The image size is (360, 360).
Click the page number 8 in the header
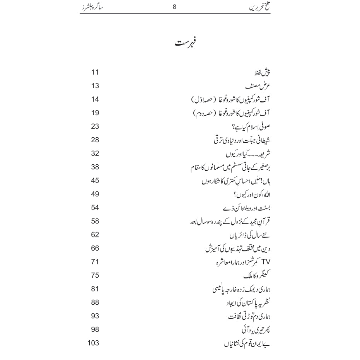coord(174,6)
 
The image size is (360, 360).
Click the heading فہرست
coord(185,43)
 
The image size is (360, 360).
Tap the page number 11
coord(95,72)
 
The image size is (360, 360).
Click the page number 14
coord(95,99)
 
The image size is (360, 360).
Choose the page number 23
coord(95,126)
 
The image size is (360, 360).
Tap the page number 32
coord(95,154)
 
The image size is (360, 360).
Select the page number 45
coord(95,181)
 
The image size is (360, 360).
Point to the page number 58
coord(95,221)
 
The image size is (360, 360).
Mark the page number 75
coord(95,275)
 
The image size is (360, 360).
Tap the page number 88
coord(95,302)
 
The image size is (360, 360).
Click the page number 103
coord(94,343)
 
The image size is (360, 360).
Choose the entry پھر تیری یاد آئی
coord(255,330)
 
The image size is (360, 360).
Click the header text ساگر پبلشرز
coord(96,6)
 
